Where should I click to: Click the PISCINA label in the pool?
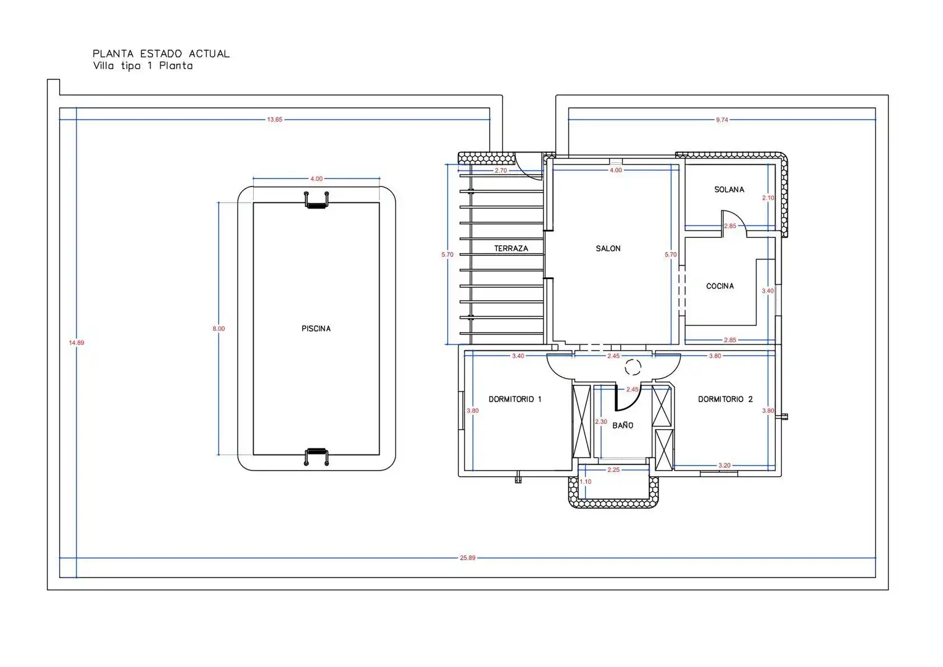click(x=316, y=329)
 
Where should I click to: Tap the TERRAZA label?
click(x=511, y=249)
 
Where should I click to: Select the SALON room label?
click(x=608, y=249)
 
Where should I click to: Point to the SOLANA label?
click(x=729, y=190)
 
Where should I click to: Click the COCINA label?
click(x=720, y=286)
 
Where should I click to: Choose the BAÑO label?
click(x=623, y=425)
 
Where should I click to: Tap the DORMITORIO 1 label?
click(x=515, y=399)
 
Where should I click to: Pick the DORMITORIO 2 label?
click(x=725, y=399)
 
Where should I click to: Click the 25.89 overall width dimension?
click(x=467, y=558)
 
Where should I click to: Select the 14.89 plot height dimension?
click(x=76, y=343)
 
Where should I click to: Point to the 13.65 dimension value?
click(x=275, y=120)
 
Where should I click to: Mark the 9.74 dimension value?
click(x=722, y=120)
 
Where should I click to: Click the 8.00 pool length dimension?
click(x=218, y=329)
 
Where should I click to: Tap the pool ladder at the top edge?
click(x=316, y=200)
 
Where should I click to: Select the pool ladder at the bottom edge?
click(x=316, y=457)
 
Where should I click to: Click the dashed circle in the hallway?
click(x=633, y=367)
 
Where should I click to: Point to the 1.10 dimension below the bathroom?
click(x=586, y=482)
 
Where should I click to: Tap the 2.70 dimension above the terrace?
click(x=501, y=170)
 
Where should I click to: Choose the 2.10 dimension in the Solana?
click(x=768, y=198)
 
